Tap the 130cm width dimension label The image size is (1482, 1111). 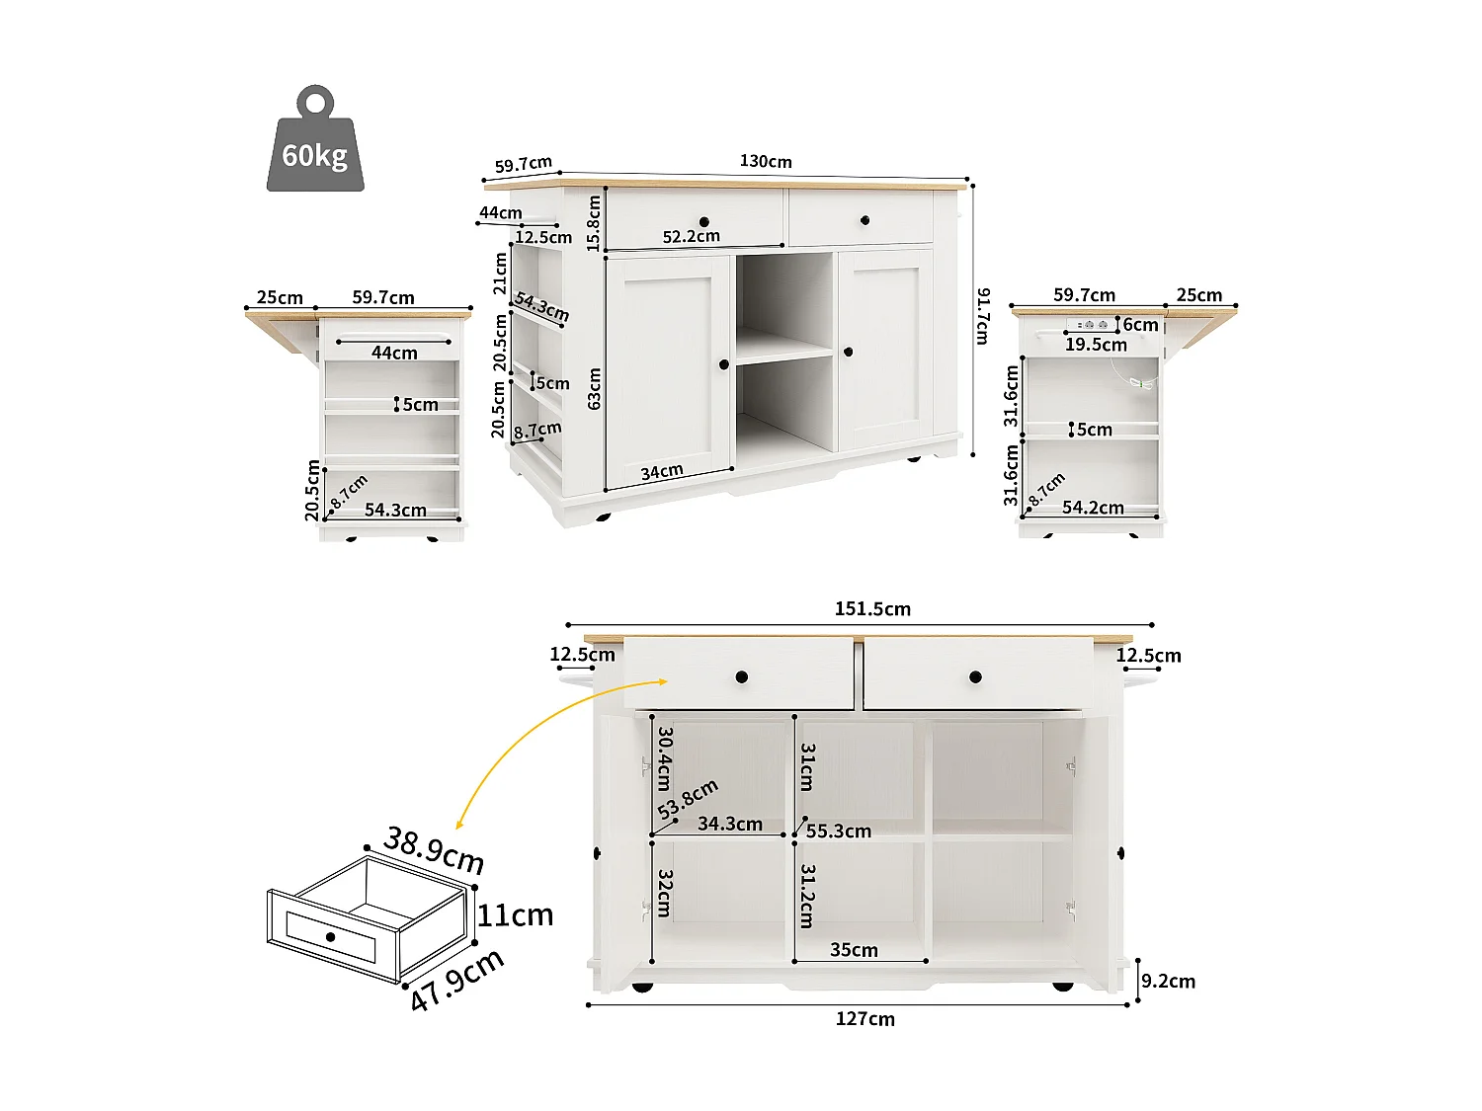pos(766,161)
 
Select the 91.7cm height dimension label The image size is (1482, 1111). pos(982,316)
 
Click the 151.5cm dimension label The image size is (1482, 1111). pos(872,608)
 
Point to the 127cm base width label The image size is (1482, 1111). pos(864,1019)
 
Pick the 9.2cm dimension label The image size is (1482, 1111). pos(1168,981)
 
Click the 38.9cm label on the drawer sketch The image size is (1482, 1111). pos(434,850)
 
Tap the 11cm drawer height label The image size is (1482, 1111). pos(515,915)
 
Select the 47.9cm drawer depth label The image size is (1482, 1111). pos(456,979)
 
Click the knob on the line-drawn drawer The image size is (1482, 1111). pos(330,936)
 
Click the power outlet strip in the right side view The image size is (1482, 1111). pos(1091,324)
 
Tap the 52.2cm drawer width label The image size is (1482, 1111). pos(691,236)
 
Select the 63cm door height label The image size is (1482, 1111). pos(594,388)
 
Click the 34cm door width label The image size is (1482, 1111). pos(661,472)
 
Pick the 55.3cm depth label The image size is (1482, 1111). pos(838,831)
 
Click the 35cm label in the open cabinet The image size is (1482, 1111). pos(854,949)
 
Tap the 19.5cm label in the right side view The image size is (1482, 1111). pos(1096,345)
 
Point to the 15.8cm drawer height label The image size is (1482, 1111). pos(594,222)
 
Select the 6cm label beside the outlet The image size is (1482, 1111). pos(1140,324)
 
